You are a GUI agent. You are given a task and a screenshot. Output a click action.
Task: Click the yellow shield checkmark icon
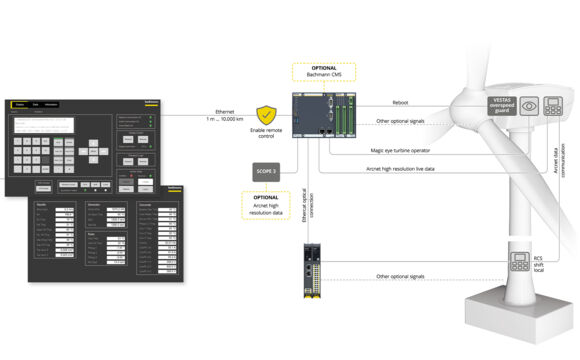(267, 115)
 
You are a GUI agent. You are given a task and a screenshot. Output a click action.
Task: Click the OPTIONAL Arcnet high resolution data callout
(267, 205)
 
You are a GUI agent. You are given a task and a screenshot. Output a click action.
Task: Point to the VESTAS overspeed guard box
(500, 107)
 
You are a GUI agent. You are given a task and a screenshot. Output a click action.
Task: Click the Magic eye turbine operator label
(401, 150)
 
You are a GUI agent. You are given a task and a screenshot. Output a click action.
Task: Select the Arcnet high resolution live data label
(408, 169)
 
